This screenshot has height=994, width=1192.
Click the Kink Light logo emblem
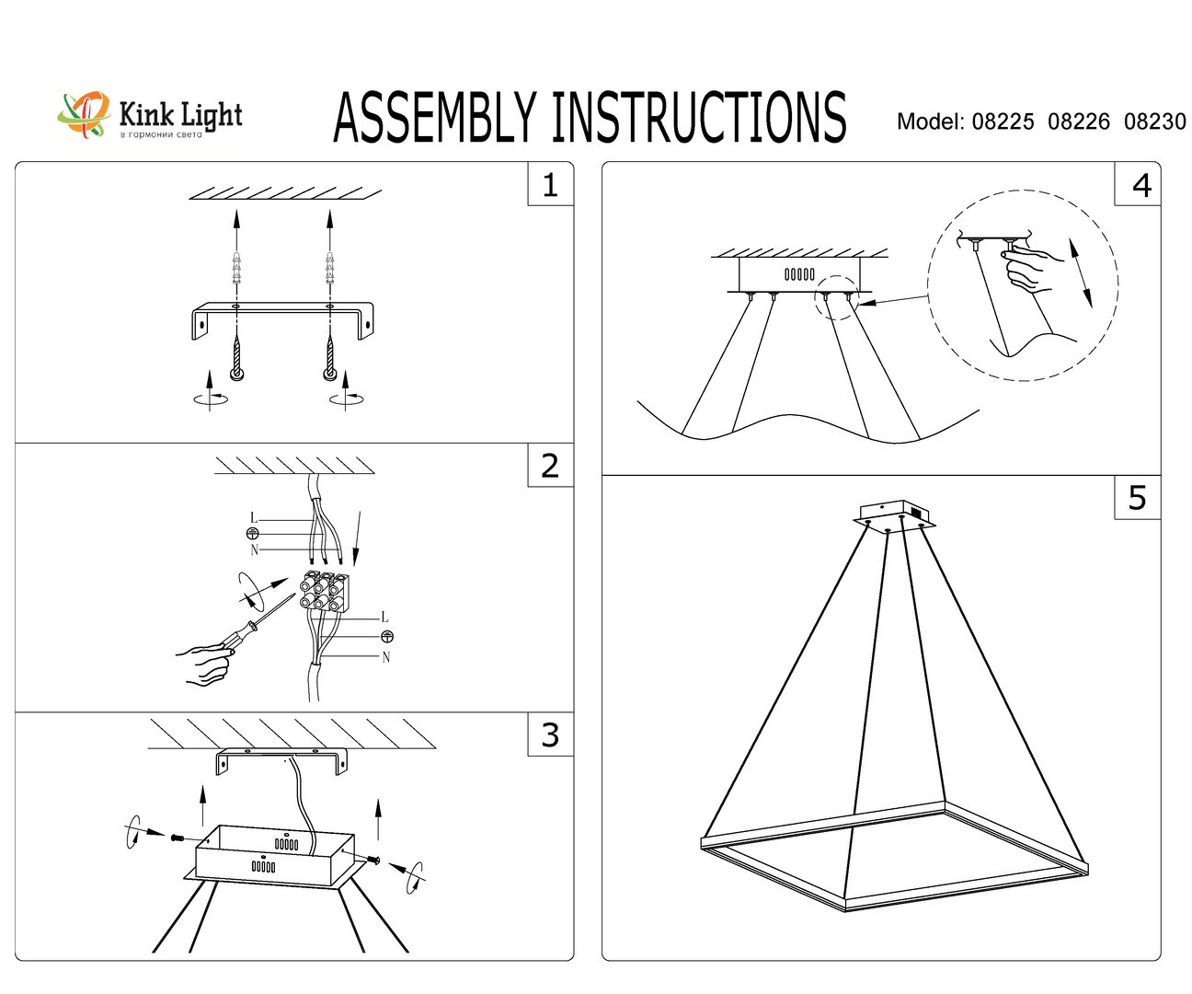pos(84,115)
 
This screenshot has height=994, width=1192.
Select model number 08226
pos(1078,121)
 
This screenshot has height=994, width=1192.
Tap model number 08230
pos(1154,121)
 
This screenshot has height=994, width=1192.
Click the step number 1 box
pos(550,185)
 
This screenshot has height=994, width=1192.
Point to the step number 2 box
pos(550,466)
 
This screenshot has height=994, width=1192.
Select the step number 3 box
pos(550,735)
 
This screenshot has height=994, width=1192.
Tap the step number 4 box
pos(1140,185)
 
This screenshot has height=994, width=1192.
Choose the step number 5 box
pos(1137,498)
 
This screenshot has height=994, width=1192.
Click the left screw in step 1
pos(236,358)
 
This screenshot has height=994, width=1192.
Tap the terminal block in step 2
pos(327,591)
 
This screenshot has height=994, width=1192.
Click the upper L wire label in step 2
pos(255,518)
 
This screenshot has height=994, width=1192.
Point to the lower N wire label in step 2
pos(385,657)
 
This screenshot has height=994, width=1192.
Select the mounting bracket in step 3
pos(282,760)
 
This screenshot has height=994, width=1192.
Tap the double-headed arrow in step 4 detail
pos(1080,272)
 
